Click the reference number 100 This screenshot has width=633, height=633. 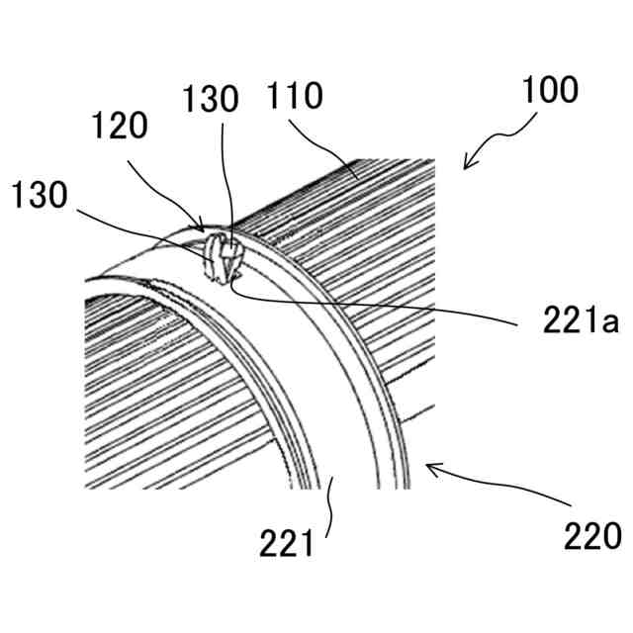tap(550, 91)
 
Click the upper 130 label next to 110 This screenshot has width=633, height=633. tap(210, 99)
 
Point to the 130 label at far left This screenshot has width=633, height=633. tap(40, 195)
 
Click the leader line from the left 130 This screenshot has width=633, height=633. tap(138, 223)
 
